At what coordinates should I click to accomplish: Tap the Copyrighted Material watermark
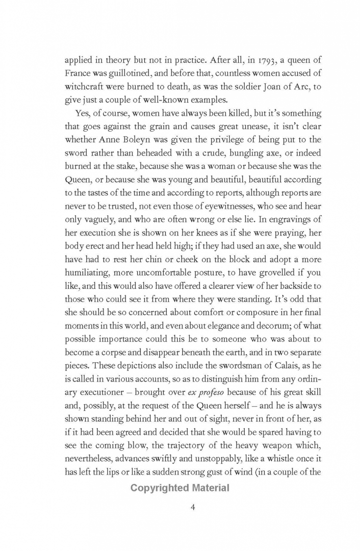tap(179, 488)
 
